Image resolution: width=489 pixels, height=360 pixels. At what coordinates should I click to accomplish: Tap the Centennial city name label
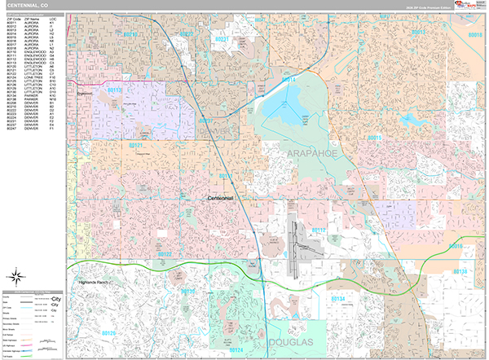point(220,198)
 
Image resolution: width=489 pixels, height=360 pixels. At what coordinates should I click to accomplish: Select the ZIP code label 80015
point(374,138)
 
